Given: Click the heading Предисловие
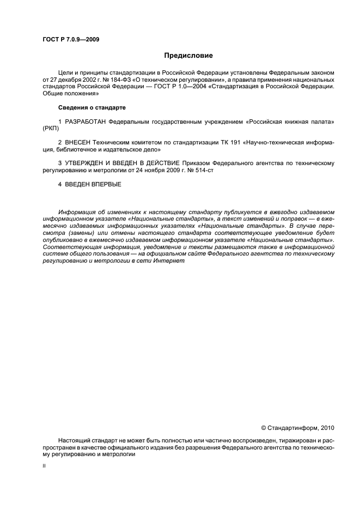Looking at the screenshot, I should (x=189, y=56).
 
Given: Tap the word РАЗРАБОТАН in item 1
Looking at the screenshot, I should (x=86, y=120).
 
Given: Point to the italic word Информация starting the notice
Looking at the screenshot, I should (x=77, y=211).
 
